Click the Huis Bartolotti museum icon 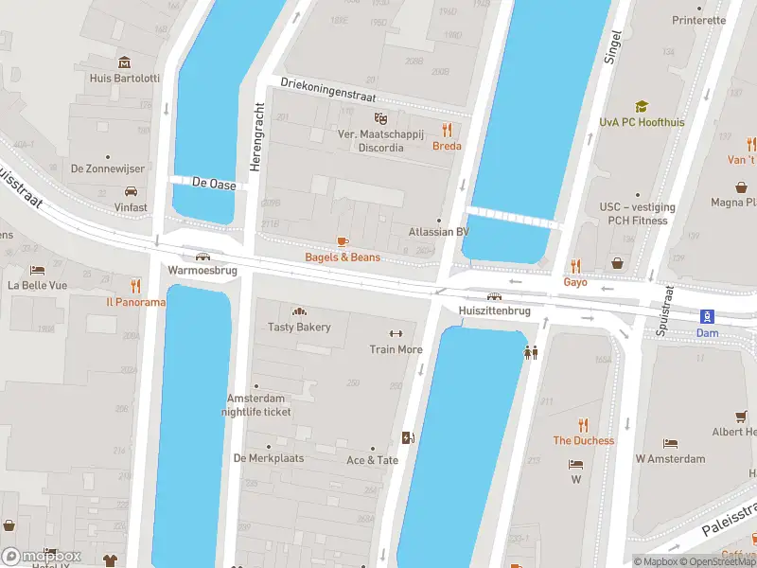pyautogui.click(x=124, y=62)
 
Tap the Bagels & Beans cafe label pyautogui.click(x=343, y=257)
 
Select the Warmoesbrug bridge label pyautogui.click(x=202, y=270)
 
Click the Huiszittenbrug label pyautogui.click(x=493, y=311)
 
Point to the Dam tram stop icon pyautogui.click(x=706, y=316)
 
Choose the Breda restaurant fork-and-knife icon pyautogui.click(x=447, y=130)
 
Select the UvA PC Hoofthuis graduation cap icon pyautogui.click(x=642, y=107)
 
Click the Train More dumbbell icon pyautogui.click(x=396, y=333)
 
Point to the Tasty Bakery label pyautogui.click(x=299, y=327)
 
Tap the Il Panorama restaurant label pyautogui.click(x=135, y=302)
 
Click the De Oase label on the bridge pyautogui.click(x=213, y=182)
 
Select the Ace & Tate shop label pyautogui.click(x=372, y=460)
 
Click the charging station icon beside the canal pyautogui.click(x=409, y=437)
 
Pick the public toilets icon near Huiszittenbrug pyautogui.click(x=532, y=352)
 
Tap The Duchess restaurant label pyautogui.click(x=583, y=440)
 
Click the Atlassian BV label pyautogui.click(x=437, y=232)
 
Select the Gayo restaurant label pyautogui.click(x=575, y=282)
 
